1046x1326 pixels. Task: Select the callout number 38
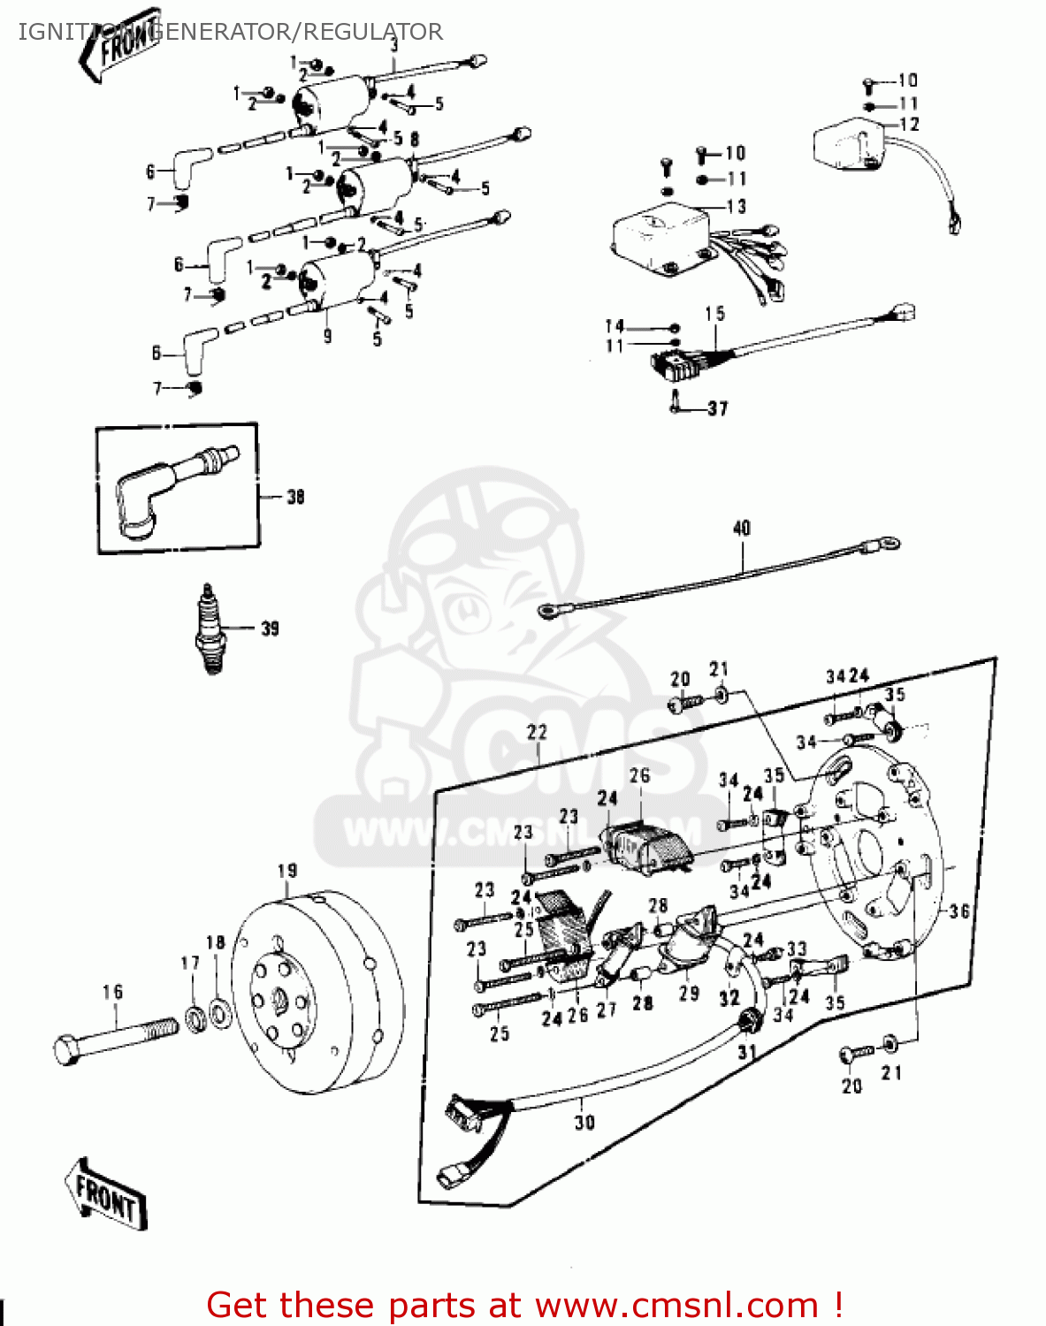tap(295, 497)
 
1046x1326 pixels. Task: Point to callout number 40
tap(741, 528)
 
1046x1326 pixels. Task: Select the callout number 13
tap(736, 206)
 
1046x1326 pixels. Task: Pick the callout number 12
tap(909, 125)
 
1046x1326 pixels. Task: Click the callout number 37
tap(717, 408)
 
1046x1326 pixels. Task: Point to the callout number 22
tap(537, 732)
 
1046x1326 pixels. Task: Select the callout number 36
tap(959, 911)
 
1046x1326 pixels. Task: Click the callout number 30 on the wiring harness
tap(584, 1122)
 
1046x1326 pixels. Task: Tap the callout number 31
tap(747, 1052)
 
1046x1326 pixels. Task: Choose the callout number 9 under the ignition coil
tap(327, 336)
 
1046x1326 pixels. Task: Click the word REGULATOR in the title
tap(373, 32)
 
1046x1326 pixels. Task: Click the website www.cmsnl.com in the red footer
tap(676, 1305)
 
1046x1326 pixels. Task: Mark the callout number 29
tap(689, 993)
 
